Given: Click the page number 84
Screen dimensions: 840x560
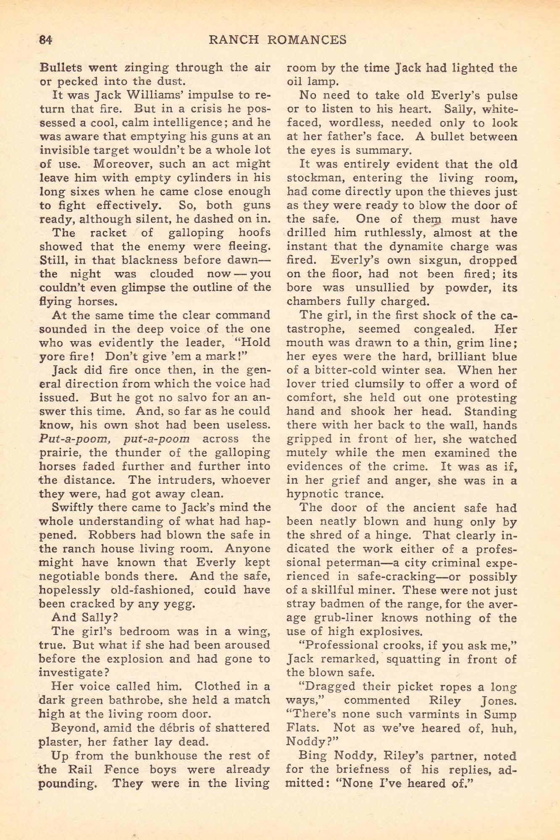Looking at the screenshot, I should (x=45, y=40).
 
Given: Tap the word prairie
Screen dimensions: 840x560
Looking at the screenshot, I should (x=58, y=453).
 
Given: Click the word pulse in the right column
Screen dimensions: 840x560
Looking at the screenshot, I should (x=501, y=95).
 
